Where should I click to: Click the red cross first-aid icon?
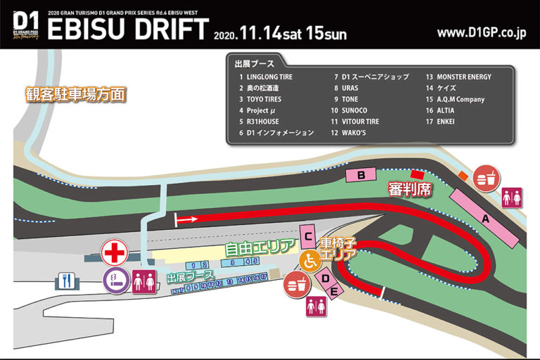[115, 251]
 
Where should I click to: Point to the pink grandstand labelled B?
[361, 174]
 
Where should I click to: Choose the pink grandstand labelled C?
[307, 236]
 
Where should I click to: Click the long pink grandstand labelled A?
[484, 219]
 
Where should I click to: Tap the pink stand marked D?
[326, 280]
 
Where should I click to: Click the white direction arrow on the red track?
[186, 219]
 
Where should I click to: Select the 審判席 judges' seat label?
[409, 190]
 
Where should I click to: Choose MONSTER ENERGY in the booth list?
[463, 77]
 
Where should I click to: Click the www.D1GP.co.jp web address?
[482, 32]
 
